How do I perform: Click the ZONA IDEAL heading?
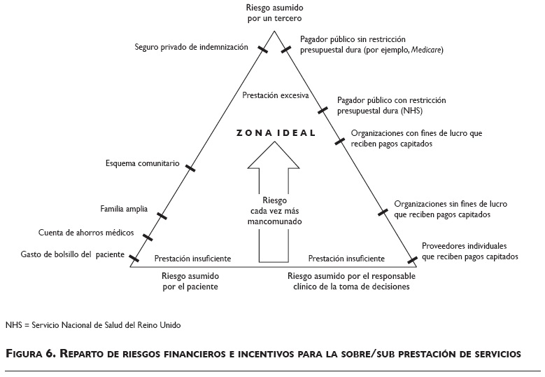pos(276,132)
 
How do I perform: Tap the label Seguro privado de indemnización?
pos(192,47)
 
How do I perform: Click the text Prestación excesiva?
pos(276,95)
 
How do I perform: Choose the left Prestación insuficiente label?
pos(192,258)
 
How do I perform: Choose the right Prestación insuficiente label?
pos(346,258)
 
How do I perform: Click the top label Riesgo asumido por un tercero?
pos(274,13)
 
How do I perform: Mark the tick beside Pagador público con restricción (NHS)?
pos(323,109)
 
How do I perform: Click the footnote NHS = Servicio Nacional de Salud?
pos(92,325)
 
